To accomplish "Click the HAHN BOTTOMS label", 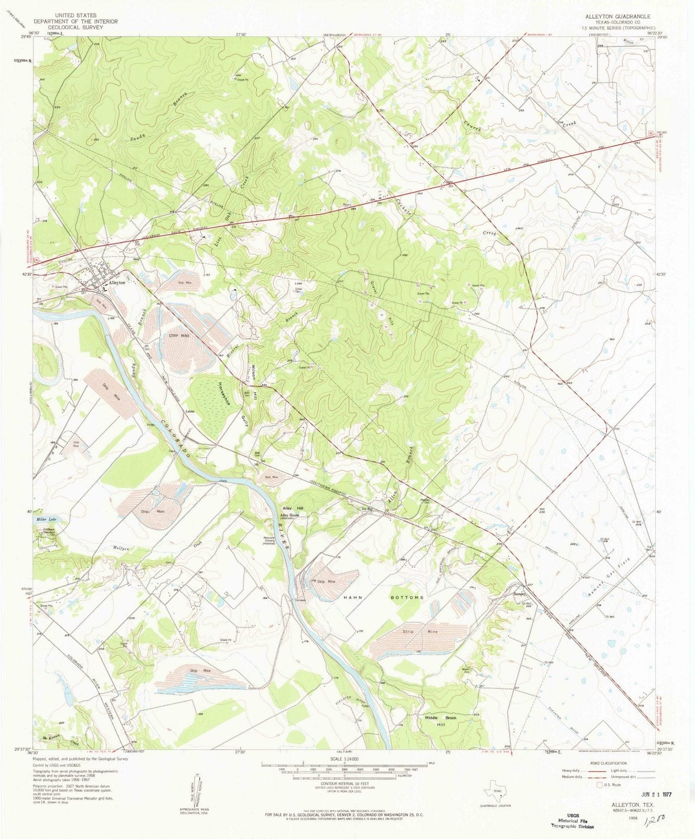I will (x=382, y=597).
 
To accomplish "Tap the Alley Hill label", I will (x=293, y=509).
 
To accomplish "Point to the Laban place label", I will (x=189, y=412).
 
